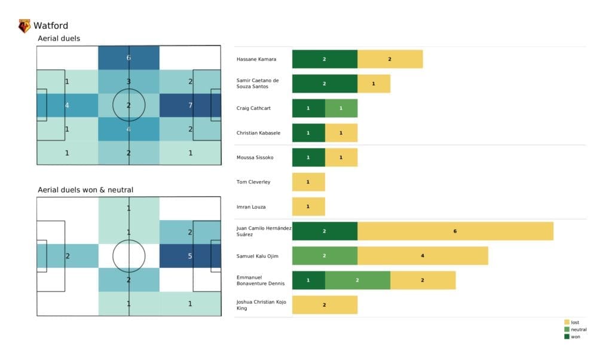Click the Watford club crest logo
(25, 26)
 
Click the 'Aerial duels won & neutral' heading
(85, 190)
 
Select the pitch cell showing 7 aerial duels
(190, 105)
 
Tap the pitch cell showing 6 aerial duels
(128, 58)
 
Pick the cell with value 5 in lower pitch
(190, 256)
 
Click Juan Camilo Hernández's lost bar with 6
(455, 231)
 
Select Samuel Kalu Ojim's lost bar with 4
(423, 255)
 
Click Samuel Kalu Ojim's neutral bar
(325, 255)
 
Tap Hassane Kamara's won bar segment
(325, 59)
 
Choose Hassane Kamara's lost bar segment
(390, 59)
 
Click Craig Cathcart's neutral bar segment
(341, 108)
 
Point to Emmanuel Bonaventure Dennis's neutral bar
(357, 280)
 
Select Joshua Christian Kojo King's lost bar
(325, 304)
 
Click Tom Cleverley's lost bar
(308, 182)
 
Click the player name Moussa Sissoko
(255, 158)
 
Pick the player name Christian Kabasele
(259, 133)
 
